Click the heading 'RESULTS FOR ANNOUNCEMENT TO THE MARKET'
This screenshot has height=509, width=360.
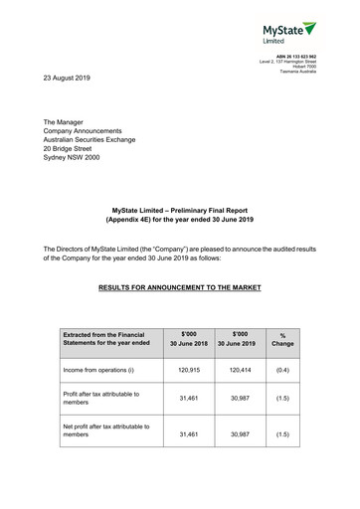coord(179,287)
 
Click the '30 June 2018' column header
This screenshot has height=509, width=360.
coord(187,343)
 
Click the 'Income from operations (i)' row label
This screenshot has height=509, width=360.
coord(101,370)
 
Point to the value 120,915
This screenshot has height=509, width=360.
coord(189,370)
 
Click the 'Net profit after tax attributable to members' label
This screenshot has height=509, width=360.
coord(105,430)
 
